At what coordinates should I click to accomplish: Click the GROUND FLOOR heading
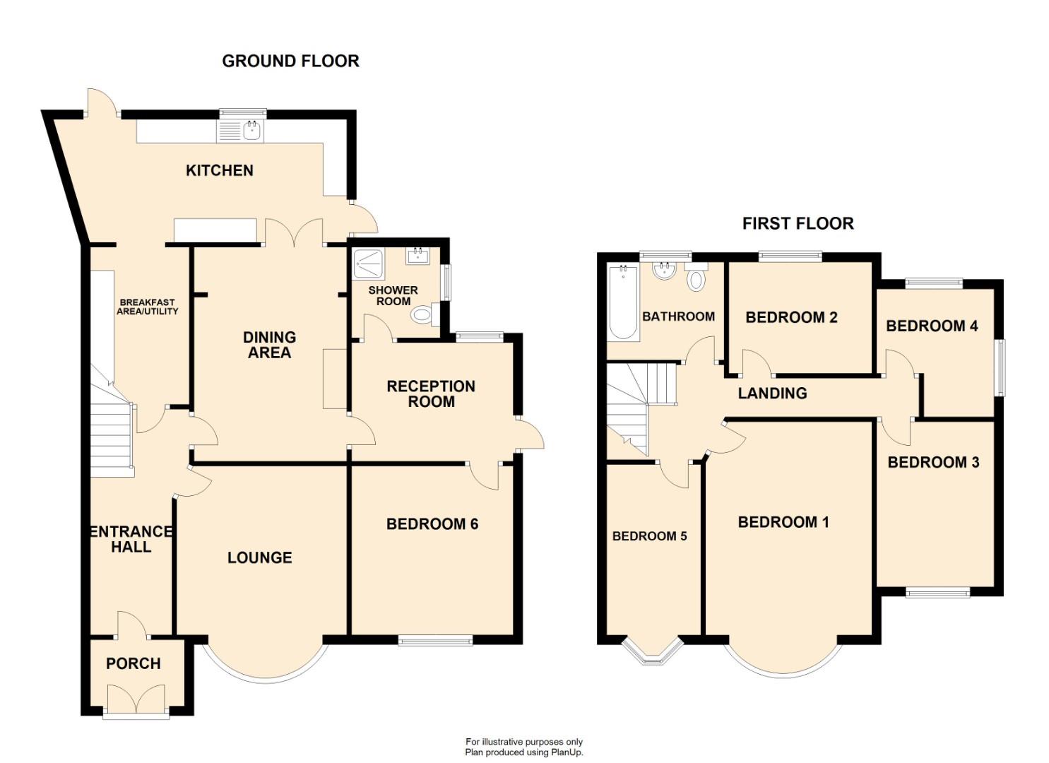(290, 61)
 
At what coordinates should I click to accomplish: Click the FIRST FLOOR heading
(798, 224)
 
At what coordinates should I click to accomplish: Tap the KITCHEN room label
(219, 170)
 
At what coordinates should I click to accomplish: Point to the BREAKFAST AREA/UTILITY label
(147, 307)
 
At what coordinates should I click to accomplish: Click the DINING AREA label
(269, 345)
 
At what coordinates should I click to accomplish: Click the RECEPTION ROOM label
(430, 394)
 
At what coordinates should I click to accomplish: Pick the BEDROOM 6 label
(432, 524)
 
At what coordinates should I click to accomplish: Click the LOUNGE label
(259, 557)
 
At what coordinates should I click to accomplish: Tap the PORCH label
(133, 663)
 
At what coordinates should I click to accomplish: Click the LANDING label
(772, 394)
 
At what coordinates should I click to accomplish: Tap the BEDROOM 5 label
(649, 536)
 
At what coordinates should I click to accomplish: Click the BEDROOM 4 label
(932, 326)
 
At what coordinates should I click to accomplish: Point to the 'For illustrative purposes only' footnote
(523, 742)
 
